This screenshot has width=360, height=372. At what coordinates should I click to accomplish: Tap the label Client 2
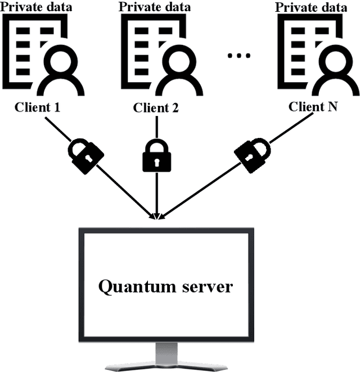[x=156, y=107]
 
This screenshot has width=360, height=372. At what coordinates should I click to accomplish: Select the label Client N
[x=313, y=106]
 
